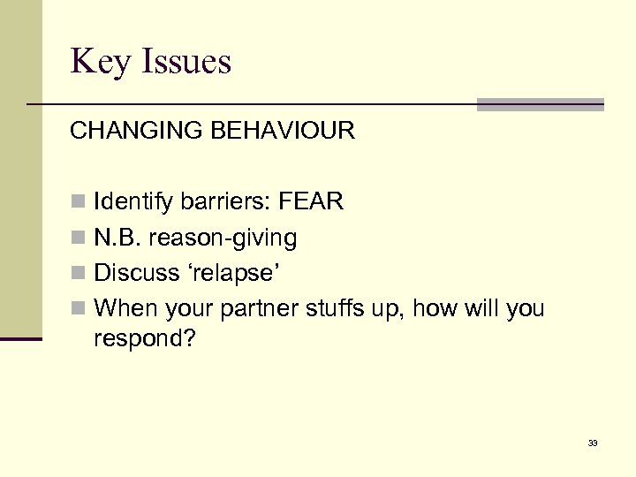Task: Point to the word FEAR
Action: pos(310,202)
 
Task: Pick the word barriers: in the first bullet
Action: pos(224,202)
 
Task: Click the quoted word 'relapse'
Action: pos(234,273)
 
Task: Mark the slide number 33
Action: pos(592,443)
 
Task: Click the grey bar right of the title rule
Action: pos(540,104)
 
